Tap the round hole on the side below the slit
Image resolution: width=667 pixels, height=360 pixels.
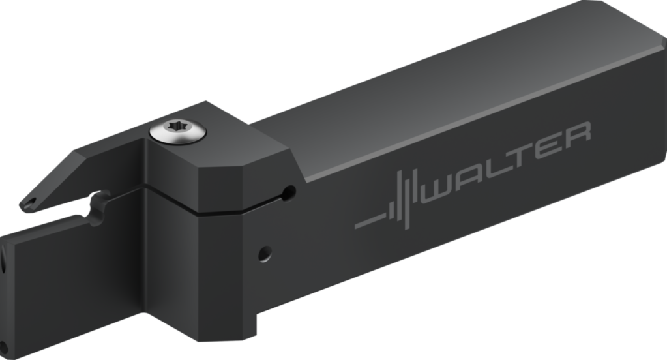pos(264,253)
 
